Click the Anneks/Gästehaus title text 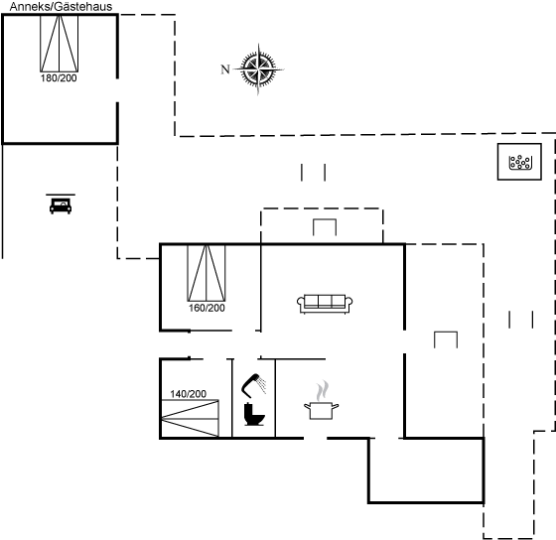click(x=61, y=7)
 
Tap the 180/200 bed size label click(x=59, y=78)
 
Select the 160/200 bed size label click(x=207, y=308)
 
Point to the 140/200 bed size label click(x=189, y=394)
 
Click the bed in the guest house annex click(x=60, y=44)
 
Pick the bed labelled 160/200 click(x=207, y=273)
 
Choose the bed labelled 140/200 click(x=190, y=418)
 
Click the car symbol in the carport click(x=61, y=206)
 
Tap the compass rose click(x=258, y=68)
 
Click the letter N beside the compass click(x=225, y=69)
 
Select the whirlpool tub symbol click(x=519, y=162)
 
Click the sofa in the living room click(x=325, y=304)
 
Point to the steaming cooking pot click(x=322, y=410)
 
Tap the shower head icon click(x=250, y=384)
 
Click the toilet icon click(x=254, y=414)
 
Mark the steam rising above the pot click(x=323, y=391)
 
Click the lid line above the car click(x=61, y=195)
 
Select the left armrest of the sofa click(x=301, y=304)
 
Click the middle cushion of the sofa click(x=325, y=301)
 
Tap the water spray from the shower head click(x=262, y=385)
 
